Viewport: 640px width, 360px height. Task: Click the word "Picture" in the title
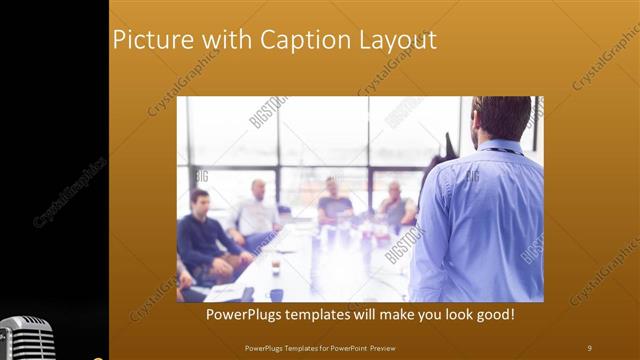[x=148, y=40]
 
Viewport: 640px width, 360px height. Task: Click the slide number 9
[x=589, y=347]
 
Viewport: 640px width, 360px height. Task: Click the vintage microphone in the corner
[x=26, y=338]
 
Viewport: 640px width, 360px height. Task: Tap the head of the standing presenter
[x=502, y=119]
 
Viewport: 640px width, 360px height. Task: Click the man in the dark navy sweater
[x=205, y=235]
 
